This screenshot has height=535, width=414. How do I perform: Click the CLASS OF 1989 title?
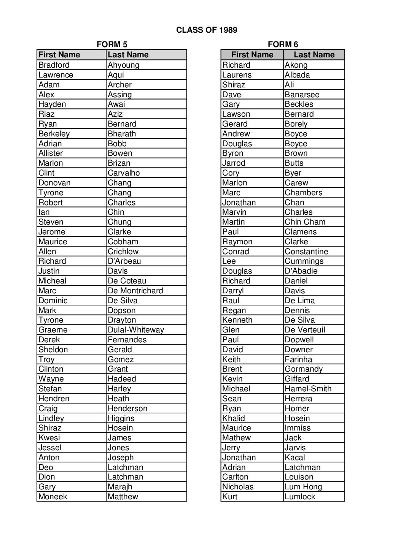click(207, 30)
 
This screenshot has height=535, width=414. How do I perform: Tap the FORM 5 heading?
click(112, 44)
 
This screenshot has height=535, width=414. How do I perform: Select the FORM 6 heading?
click(283, 44)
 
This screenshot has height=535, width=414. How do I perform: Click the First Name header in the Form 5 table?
click(59, 55)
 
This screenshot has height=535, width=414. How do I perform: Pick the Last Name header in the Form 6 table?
click(314, 55)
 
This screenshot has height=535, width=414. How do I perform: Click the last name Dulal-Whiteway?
click(136, 330)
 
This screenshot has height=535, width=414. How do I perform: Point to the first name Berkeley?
click(54, 134)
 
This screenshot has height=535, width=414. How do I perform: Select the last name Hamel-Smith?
click(308, 389)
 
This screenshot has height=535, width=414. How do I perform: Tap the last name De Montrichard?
click(135, 291)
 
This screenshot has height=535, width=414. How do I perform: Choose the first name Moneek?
click(53, 497)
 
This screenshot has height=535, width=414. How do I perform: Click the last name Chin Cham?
click(305, 222)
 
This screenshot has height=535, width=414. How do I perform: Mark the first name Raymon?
click(237, 242)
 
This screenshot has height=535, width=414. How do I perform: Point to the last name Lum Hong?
click(303, 487)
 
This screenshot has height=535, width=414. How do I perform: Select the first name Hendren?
click(54, 399)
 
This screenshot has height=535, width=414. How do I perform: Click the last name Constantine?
click(306, 252)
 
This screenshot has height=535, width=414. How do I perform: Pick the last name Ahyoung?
click(124, 65)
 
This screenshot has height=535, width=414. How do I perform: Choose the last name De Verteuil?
click(305, 330)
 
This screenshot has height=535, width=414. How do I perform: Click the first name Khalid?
click(234, 418)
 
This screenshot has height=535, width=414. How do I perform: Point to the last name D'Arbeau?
click(124, 261)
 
